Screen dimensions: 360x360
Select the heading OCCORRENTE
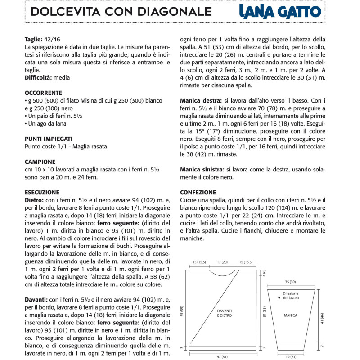44,93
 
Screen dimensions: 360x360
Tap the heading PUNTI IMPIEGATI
49,139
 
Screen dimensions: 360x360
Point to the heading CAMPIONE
40,162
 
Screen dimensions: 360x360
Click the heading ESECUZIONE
41,192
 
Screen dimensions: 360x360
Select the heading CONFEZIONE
198,192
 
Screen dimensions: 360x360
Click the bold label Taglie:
34,39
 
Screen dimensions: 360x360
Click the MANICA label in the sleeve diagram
291,315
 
